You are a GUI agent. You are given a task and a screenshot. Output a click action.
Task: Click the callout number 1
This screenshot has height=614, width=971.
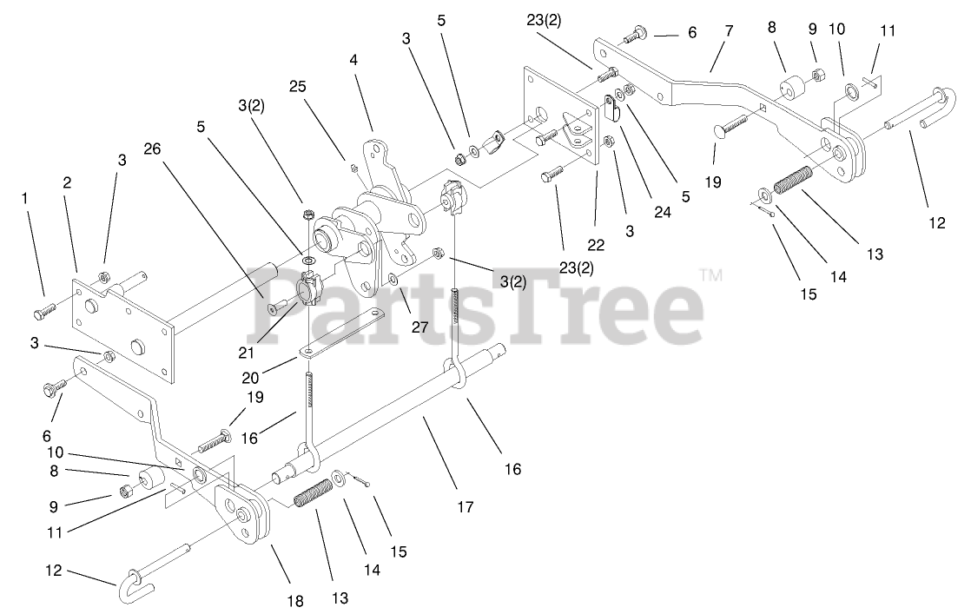click(x=25, y=198)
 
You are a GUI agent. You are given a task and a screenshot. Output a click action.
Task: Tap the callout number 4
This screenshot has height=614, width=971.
click(x=353, y=60)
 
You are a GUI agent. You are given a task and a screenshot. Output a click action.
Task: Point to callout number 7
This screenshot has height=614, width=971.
click(x=728, y=31)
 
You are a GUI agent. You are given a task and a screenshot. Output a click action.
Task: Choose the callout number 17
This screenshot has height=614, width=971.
click(x=466, y=506)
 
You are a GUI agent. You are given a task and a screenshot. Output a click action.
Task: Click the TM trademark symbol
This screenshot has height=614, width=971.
click(x=710, y=275)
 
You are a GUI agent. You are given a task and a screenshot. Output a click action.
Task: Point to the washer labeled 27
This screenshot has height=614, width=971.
click(x=394, y=280)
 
